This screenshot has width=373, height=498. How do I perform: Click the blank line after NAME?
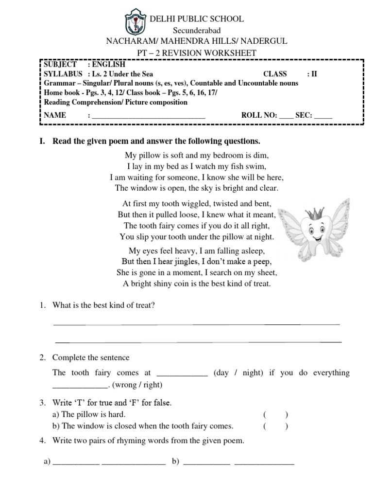148,116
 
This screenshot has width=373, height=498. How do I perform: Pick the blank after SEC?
323,116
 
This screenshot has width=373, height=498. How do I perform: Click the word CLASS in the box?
275,74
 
